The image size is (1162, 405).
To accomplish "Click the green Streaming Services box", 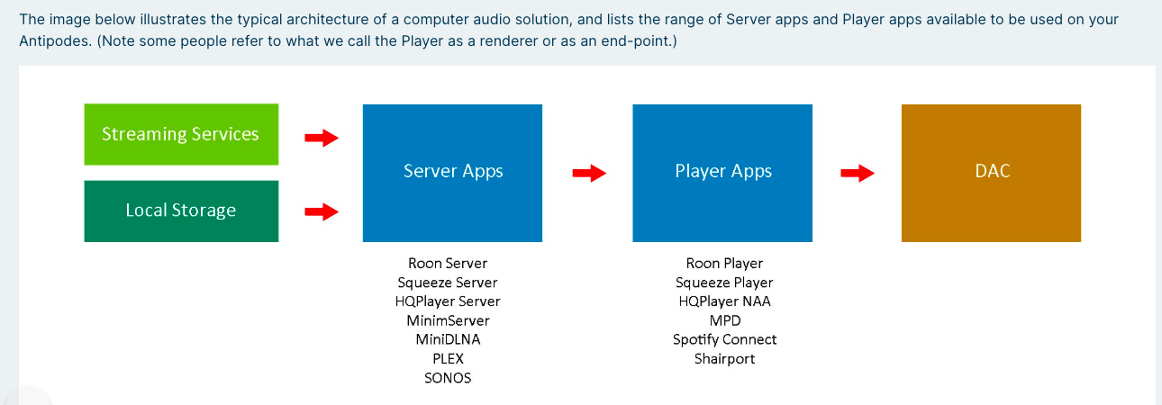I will [x=181, y=135].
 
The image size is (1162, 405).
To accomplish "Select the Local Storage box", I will [x=181, y=211].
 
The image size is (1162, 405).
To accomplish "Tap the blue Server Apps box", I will [x=452, y=173].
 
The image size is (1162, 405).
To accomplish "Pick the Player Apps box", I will [x=722, y=173].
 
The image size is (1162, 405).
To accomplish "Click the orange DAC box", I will [x=991, y=173].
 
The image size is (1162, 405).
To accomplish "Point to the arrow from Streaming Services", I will [x=321, y=138].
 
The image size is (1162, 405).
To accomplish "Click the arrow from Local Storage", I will [x=321, y=211].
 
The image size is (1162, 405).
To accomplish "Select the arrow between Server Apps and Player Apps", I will [x=589, y=173].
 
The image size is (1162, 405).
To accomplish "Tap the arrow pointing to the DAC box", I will [x=857, y=173].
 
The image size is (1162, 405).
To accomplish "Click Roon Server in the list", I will [x=448, y=264].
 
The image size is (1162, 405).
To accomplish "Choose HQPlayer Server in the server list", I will [x=448, y=301].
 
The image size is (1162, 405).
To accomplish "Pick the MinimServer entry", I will [x=448, y=320].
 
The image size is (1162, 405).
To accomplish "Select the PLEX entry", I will [x=448, y=358].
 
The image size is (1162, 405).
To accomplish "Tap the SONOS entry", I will [x=448, y=378].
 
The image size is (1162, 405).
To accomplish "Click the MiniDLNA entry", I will [x=448, y=339].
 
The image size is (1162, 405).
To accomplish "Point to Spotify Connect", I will [x=724, y=339].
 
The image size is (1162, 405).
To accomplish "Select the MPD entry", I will [x=724, y=320].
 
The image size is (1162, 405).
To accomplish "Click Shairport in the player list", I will [x=724, y=358].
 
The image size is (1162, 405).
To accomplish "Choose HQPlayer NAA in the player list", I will [x=724, y=301].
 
